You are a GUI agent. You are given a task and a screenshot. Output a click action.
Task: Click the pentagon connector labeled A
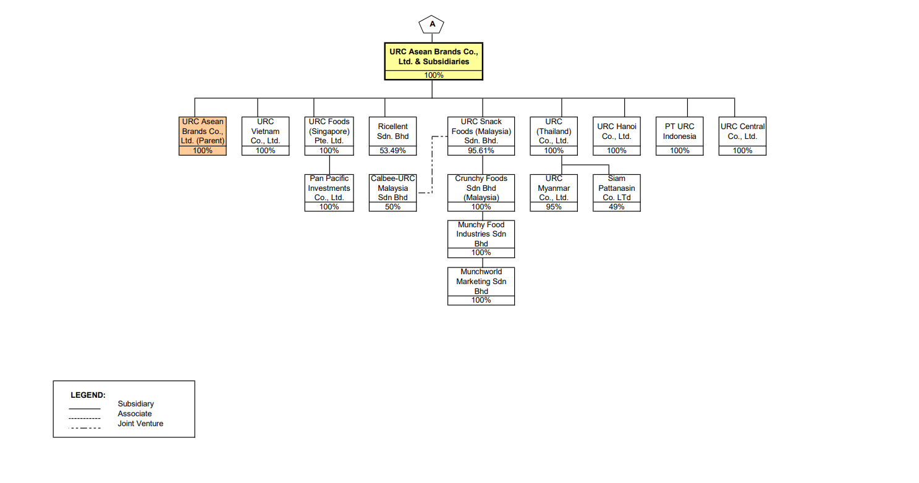click(431, 25)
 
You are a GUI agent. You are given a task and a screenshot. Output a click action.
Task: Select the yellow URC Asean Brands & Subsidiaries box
click(433, 57)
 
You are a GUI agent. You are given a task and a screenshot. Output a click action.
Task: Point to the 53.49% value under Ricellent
click(392, 151)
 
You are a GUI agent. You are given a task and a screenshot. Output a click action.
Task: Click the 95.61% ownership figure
click(481, 151)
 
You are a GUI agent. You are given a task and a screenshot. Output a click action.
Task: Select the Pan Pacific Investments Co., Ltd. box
click(329, 188)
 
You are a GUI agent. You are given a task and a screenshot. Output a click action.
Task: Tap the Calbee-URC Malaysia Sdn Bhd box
click(392, 188)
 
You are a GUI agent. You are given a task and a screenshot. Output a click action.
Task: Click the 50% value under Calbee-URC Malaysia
click(392, 207)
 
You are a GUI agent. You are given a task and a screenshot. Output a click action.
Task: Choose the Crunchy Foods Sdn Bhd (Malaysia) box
click(481, 188)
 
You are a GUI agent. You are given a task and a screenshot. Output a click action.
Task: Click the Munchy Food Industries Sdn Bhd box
click(481, 235)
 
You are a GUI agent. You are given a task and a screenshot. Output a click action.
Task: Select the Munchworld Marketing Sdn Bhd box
click(481, 282)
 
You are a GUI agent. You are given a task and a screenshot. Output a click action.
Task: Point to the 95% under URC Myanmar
click(554, 207)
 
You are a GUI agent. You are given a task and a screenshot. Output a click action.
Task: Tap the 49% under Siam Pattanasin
click(616, 207)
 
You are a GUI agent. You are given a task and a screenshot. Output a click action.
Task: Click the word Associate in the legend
click(135, 414)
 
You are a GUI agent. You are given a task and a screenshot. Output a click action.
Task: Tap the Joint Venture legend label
click(140, 424)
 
